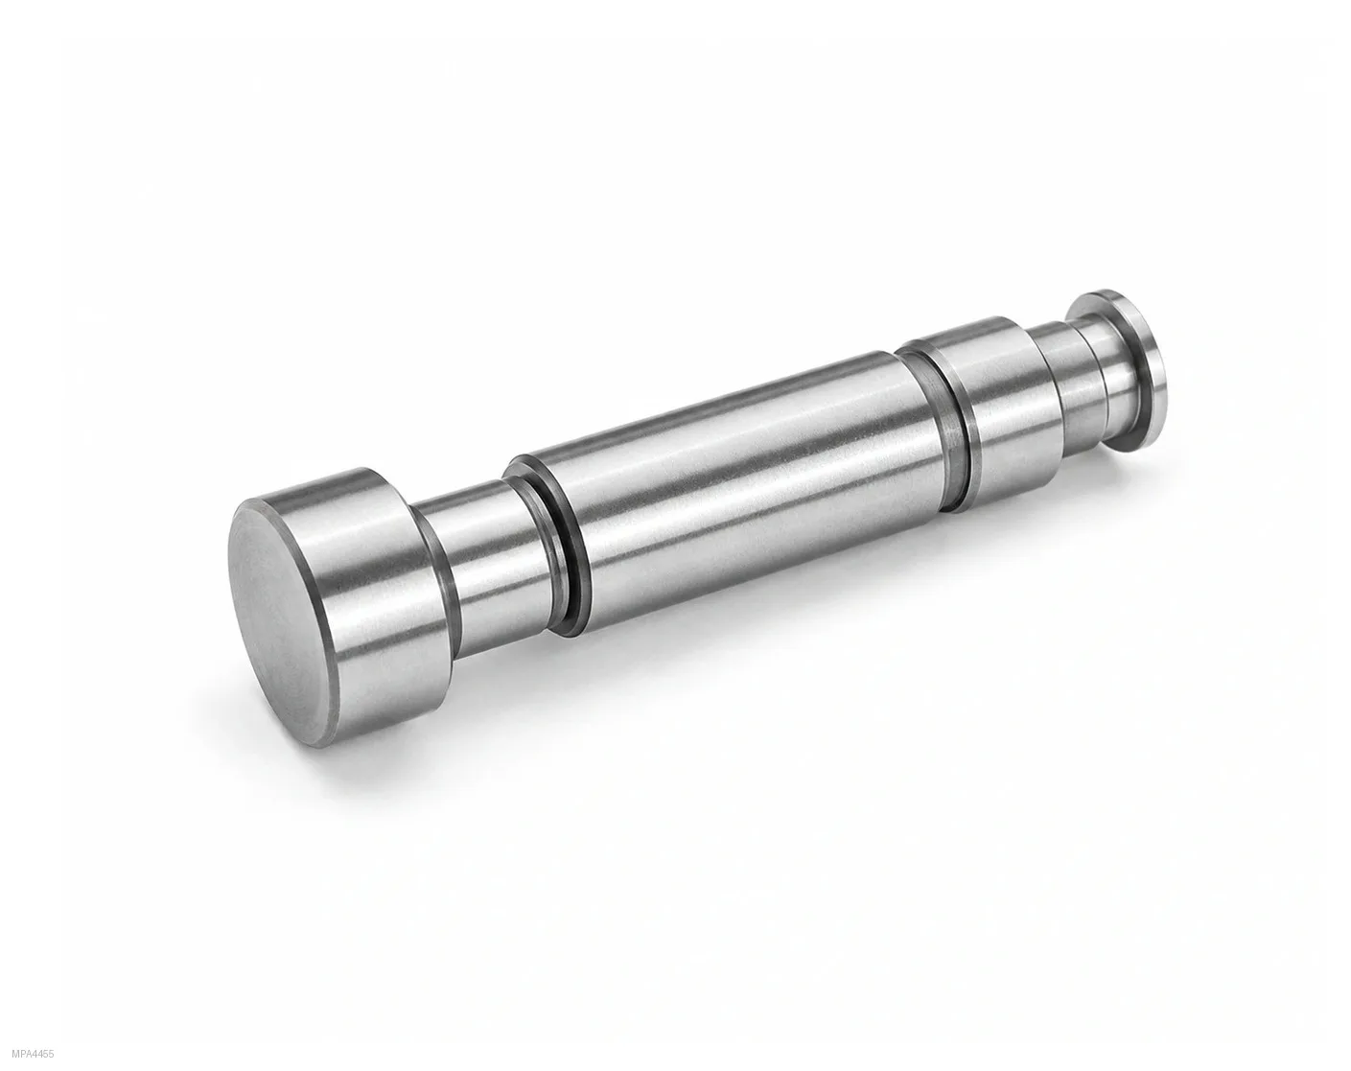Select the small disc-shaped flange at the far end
coord(1130,370)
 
